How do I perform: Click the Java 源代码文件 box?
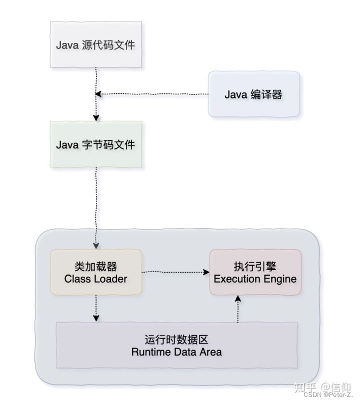pos(95,45)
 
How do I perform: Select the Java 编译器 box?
pos(253,94)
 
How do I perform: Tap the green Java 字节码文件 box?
pos(95,145)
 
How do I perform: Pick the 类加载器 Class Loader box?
pos(95,272)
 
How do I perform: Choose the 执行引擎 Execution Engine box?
pos(255,272)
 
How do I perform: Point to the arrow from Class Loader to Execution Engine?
pos(175,272)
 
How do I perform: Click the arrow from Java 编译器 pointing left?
pos(150,94)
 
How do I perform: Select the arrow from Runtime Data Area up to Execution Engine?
pos(238,308)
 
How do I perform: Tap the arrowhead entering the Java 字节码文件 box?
pos(95,118)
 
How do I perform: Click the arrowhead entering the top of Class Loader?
pos(95,246)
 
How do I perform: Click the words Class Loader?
pos(95,279)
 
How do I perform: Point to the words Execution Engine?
pos(255,279)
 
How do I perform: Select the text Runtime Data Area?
pos(176,352)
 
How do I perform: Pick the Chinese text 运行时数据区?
pos(176,340)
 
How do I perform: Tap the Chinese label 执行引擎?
pos(255,266)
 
